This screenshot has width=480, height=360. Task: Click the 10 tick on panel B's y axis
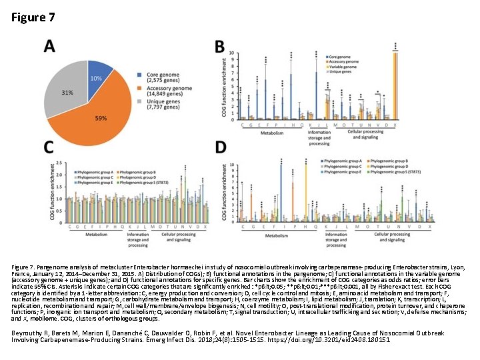coord(231,53)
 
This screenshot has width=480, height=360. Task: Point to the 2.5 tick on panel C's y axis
coord(61,162)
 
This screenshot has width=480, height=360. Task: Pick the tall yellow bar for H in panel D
coord(306,193)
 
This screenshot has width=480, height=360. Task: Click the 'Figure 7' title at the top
coord(33,18)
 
